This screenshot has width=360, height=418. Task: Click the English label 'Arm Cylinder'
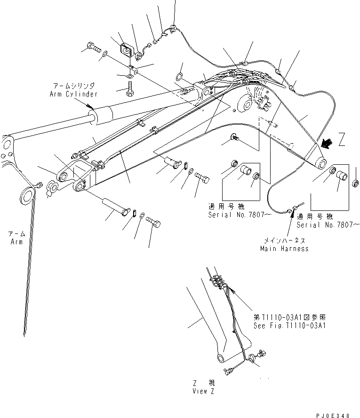tap(73, 94)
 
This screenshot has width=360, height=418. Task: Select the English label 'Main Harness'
tap(284, 248)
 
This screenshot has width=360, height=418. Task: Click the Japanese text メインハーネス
tap(285, 240)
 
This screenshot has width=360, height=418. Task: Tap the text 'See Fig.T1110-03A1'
tap(290, 325)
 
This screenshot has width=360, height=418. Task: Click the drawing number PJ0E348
tap(334, 415)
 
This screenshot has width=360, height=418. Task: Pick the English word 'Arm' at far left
tap(16, 241)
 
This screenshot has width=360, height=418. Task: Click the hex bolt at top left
tap(92, 47)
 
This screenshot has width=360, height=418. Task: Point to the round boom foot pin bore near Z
tap(322, 162)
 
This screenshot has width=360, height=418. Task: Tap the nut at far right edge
tap(356, 182)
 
